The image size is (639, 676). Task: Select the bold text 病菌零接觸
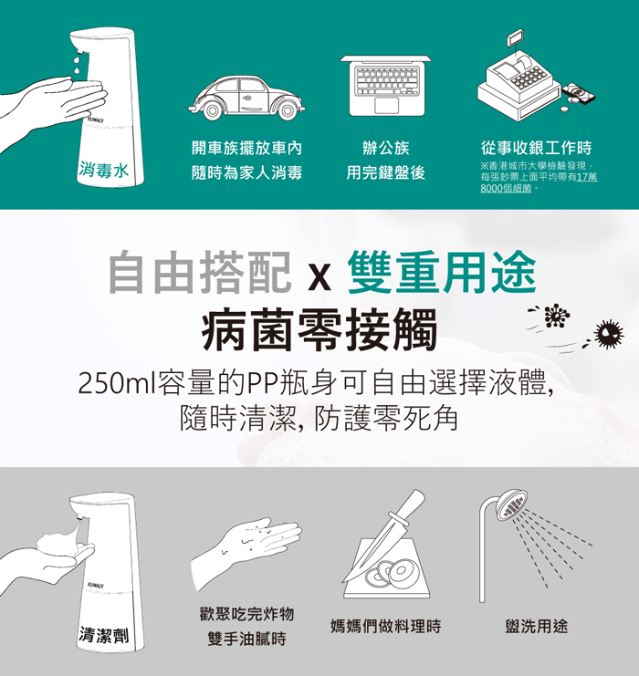click(x=319, y=328)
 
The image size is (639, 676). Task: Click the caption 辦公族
click(x=386, y=148)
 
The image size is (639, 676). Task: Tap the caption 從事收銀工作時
click(x=536, y=148)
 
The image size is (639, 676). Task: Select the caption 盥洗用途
click(x=536, y=627)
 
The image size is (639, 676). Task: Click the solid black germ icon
click(x=606, y=335)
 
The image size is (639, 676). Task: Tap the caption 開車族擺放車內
click(x=246, y=148)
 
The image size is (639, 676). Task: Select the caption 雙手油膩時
click(x=246, y=640)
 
